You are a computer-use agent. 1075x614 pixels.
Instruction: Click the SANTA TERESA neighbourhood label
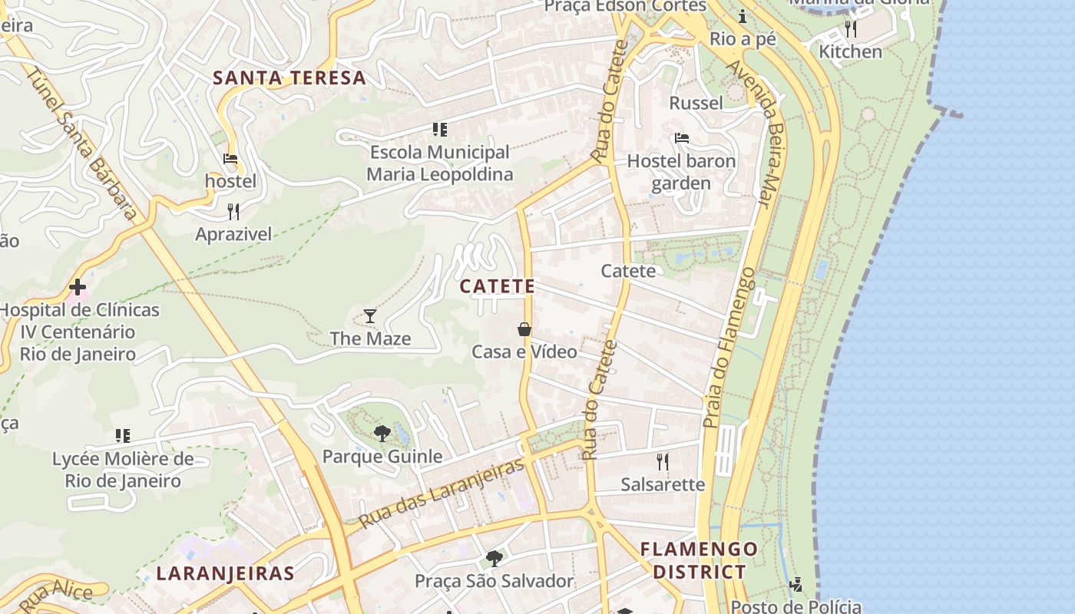pyautogui.click(x=289, y=78)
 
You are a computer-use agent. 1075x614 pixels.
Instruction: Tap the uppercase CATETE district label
pyautogui.click(x=497, y=286)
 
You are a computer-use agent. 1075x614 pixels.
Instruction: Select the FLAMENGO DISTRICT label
pyautogui.click(x=699, y=560)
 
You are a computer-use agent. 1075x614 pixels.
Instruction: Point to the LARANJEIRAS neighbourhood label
pyautogui.click(x=225, y=573)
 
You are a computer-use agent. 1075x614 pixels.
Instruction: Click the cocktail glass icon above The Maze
pyautogui.click(x=370, y=316)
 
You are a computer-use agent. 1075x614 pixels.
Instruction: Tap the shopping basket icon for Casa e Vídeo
pyautogui.click(x=524, y=329)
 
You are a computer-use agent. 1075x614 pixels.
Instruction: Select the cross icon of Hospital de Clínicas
pyautogui.click(x=78, y=288)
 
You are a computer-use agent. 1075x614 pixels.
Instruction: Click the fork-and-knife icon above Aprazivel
pyautogui.click(x=233, y=212)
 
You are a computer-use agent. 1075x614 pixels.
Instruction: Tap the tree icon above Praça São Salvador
pyautogui.click(x=495, y=558)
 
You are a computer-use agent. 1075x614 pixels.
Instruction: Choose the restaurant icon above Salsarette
pyautogui.click(x=662, y=461)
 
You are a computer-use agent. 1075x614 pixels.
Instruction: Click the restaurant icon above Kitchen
pyautogui.click(x=850, y=29)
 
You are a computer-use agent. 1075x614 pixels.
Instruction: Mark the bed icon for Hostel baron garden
pyautogui.click(x=681, y=139)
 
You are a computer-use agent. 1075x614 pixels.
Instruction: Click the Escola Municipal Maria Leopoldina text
pyautogui.click(x=439, y=163)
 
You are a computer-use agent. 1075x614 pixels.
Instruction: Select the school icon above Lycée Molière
pyautogui.click(x=122, y=437)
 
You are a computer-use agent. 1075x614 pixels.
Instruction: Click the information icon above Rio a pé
pyautogui.click(x=742, y=16)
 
